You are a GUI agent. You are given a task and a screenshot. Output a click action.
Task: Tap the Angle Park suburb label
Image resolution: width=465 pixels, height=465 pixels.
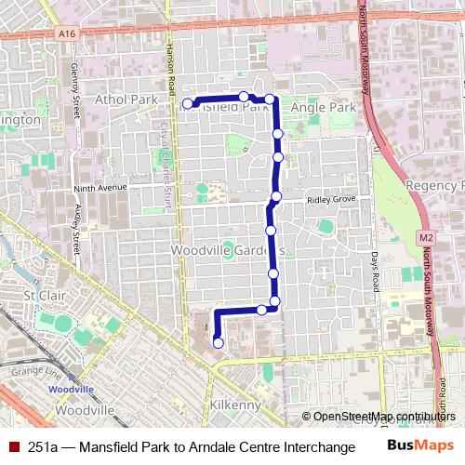coord(323,108)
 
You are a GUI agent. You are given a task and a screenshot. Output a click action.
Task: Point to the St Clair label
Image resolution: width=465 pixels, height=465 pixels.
coord(41,296)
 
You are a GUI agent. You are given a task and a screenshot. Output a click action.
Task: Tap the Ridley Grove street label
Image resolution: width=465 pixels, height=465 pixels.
coord(332,199)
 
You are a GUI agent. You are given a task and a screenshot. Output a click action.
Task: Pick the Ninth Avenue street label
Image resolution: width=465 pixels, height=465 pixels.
coord(99,187)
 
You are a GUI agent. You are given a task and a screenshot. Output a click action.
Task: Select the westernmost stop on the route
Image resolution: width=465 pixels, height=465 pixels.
coord(188,103)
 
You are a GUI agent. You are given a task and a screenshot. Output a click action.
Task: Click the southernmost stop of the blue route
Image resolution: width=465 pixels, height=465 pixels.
coord(219,343)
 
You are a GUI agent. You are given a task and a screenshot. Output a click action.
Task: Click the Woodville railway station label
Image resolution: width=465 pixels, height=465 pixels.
coord(72,387)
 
